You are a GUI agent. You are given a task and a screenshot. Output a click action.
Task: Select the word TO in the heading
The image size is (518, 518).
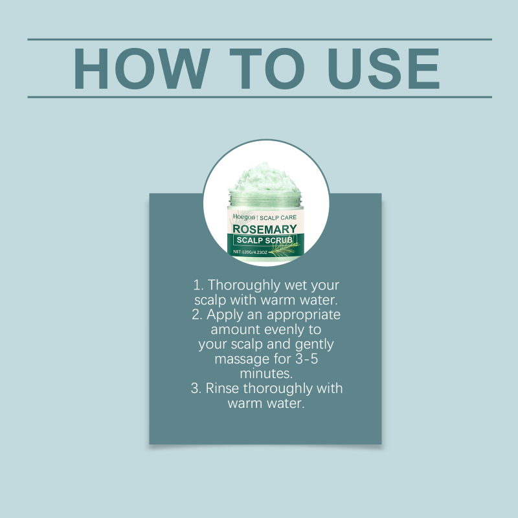267,69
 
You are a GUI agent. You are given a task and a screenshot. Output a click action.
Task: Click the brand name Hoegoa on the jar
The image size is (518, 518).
244,217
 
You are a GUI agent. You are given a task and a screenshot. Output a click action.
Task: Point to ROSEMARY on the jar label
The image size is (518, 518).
265,229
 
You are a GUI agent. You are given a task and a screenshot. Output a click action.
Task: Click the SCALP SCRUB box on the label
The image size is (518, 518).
265,240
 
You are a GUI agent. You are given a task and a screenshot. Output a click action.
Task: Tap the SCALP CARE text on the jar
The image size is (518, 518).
278,218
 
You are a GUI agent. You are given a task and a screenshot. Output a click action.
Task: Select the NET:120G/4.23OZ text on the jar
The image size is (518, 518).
250,252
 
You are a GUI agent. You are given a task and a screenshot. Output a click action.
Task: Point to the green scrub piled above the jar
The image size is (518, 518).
265,179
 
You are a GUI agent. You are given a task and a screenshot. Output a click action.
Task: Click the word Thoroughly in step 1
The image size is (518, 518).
244,286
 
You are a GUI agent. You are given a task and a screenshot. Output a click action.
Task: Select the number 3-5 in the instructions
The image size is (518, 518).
306,359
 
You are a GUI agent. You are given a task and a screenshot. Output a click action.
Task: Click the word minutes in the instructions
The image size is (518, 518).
266,374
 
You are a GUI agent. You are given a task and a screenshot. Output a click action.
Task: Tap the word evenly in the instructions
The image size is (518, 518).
284,330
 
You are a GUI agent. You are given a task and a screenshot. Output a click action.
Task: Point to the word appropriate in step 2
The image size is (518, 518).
304,315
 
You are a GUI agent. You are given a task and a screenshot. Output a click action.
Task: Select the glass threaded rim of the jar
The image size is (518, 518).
265,199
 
